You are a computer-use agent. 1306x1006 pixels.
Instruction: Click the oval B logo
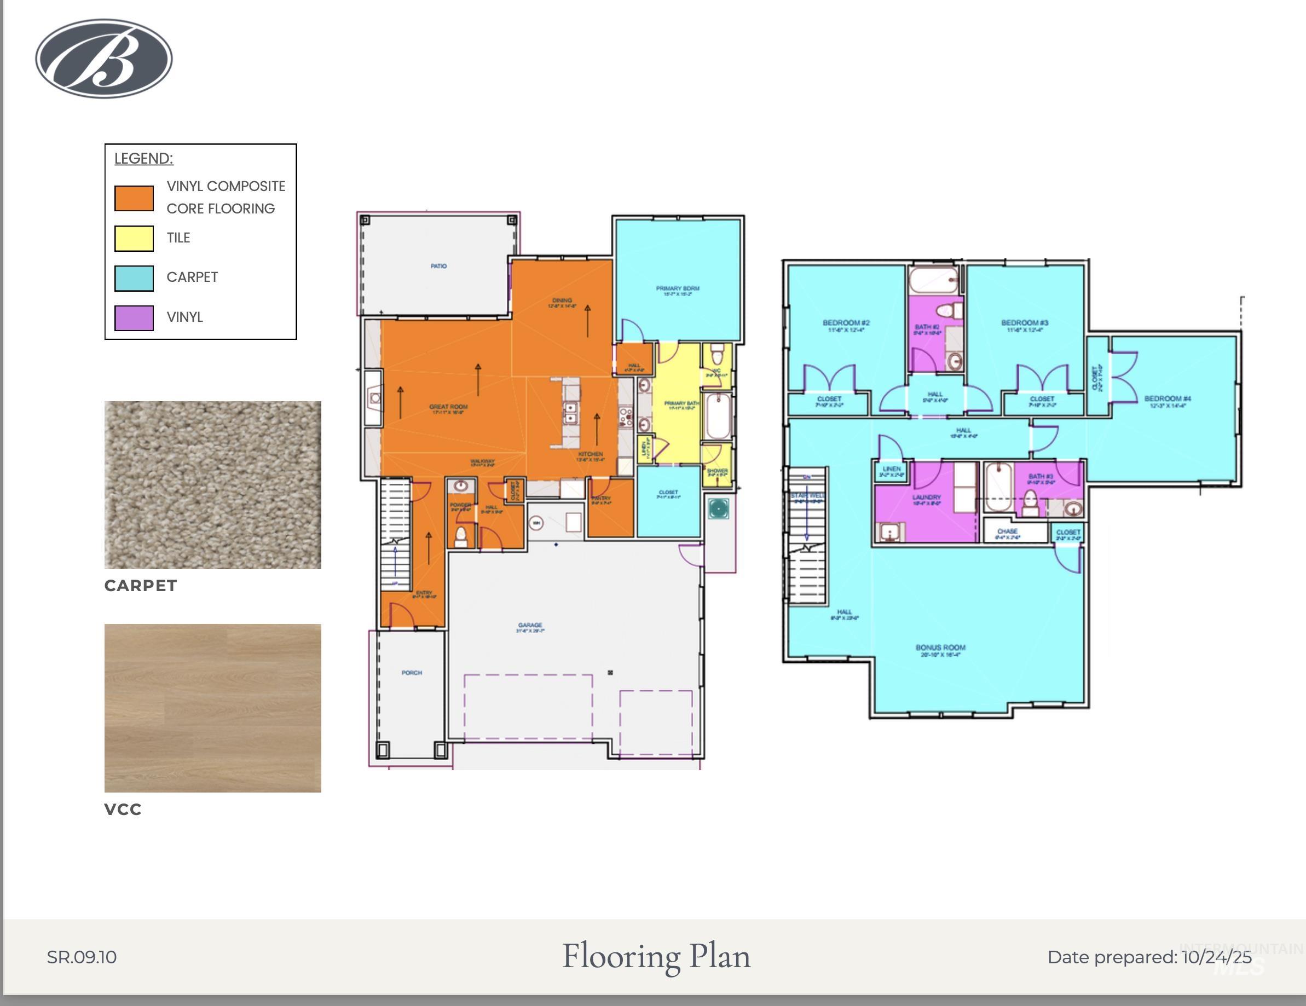[104, 58]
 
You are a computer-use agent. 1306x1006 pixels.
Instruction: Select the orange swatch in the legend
[134, 198]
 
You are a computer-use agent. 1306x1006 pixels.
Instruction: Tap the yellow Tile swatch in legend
[134, 238]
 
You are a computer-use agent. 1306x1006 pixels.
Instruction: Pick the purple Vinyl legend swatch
[134, 317]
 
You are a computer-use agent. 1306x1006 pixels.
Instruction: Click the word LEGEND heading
[143, 159]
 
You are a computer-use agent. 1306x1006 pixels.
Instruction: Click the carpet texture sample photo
[212, 484]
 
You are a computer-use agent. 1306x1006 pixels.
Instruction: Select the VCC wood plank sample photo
[212, 708]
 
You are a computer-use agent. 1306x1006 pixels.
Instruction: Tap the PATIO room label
[438, 266]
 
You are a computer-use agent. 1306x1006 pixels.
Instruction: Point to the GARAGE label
[530, 626]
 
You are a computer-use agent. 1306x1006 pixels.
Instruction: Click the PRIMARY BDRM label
[678, 289]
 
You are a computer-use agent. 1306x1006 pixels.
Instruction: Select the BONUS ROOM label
[940, 647]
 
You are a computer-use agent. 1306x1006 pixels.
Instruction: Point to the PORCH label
[412, 673]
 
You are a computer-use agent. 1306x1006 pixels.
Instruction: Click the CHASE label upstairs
[1007, 531]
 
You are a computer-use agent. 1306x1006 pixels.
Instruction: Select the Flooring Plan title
[656, 956]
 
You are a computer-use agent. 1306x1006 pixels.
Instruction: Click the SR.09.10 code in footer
[82, 957]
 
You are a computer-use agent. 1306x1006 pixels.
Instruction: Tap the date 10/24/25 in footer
[1216, 957]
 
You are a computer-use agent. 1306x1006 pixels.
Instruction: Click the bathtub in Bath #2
[933, 280]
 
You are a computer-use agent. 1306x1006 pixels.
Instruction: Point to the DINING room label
[562, 300]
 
